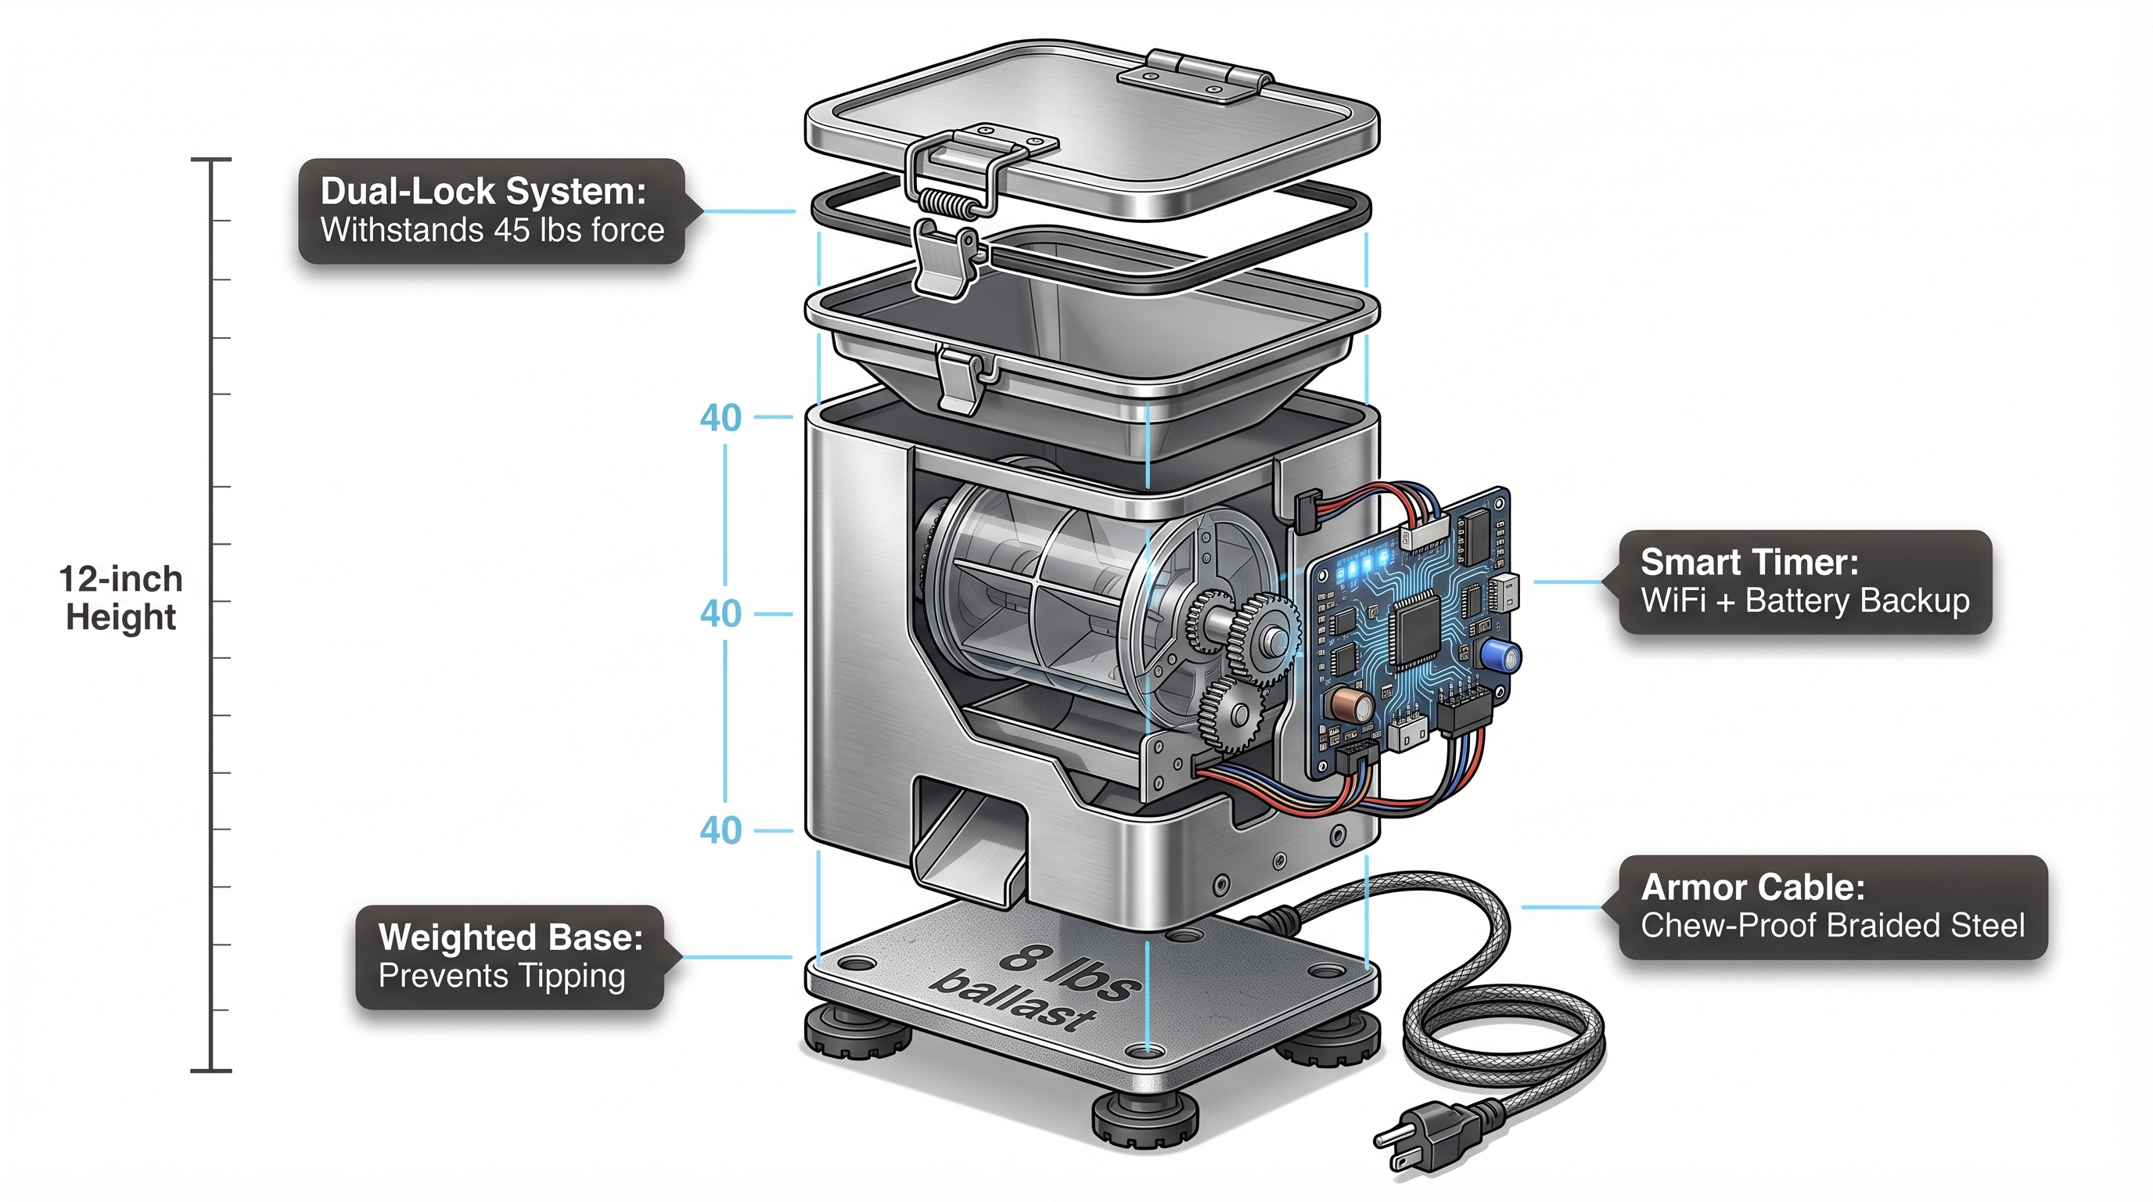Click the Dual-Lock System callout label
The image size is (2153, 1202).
click(491, 211)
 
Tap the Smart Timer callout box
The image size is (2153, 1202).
click(1805, 581)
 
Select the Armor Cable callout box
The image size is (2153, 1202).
click(1832, 907)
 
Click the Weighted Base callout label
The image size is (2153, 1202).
click(510, 957)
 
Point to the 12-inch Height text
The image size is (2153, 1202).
click(121, 599)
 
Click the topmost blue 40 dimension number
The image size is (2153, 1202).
click(721, 418)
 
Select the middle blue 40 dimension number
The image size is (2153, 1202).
click(721, 614)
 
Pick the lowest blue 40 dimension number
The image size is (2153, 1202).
click(721, 830)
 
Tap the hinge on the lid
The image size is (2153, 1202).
click(1195, 75)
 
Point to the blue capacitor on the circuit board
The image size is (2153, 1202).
click(1501, 653)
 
